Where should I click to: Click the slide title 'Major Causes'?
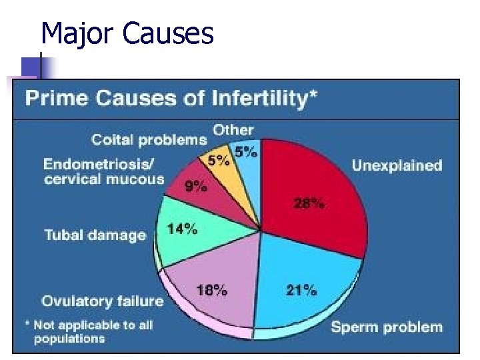[127, 33]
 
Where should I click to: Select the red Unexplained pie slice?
[320, 193]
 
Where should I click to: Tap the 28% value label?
[309, 205]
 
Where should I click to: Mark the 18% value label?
[212, 290]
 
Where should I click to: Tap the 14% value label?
[182, 229]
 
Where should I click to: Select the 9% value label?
[195, 187]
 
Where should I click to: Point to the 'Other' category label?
[233, 130]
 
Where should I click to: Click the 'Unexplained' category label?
[397, 165]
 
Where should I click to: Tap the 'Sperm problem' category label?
[387, 327]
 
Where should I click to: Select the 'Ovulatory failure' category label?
[102, 301]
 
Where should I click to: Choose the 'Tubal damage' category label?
[95, 235]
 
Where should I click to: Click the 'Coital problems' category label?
[149, 140]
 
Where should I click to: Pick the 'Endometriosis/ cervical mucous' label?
[103, 171]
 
